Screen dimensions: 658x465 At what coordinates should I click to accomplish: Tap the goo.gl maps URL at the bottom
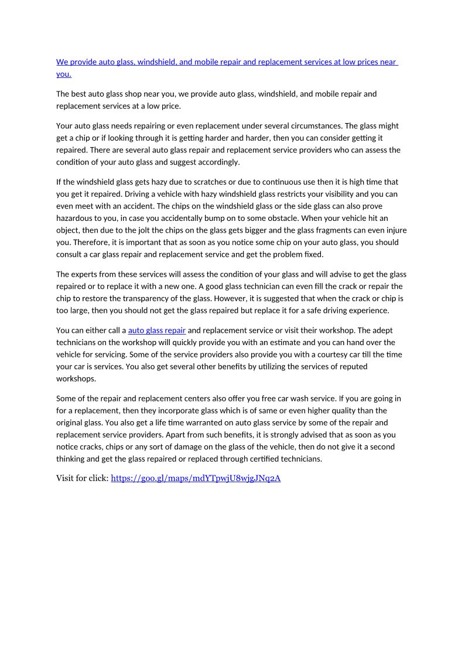click(x=196, y=478)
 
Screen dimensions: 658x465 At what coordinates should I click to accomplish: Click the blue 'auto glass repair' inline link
click(x=157, y=330)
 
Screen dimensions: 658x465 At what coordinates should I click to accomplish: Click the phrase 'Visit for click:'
click(x=83, y=478)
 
